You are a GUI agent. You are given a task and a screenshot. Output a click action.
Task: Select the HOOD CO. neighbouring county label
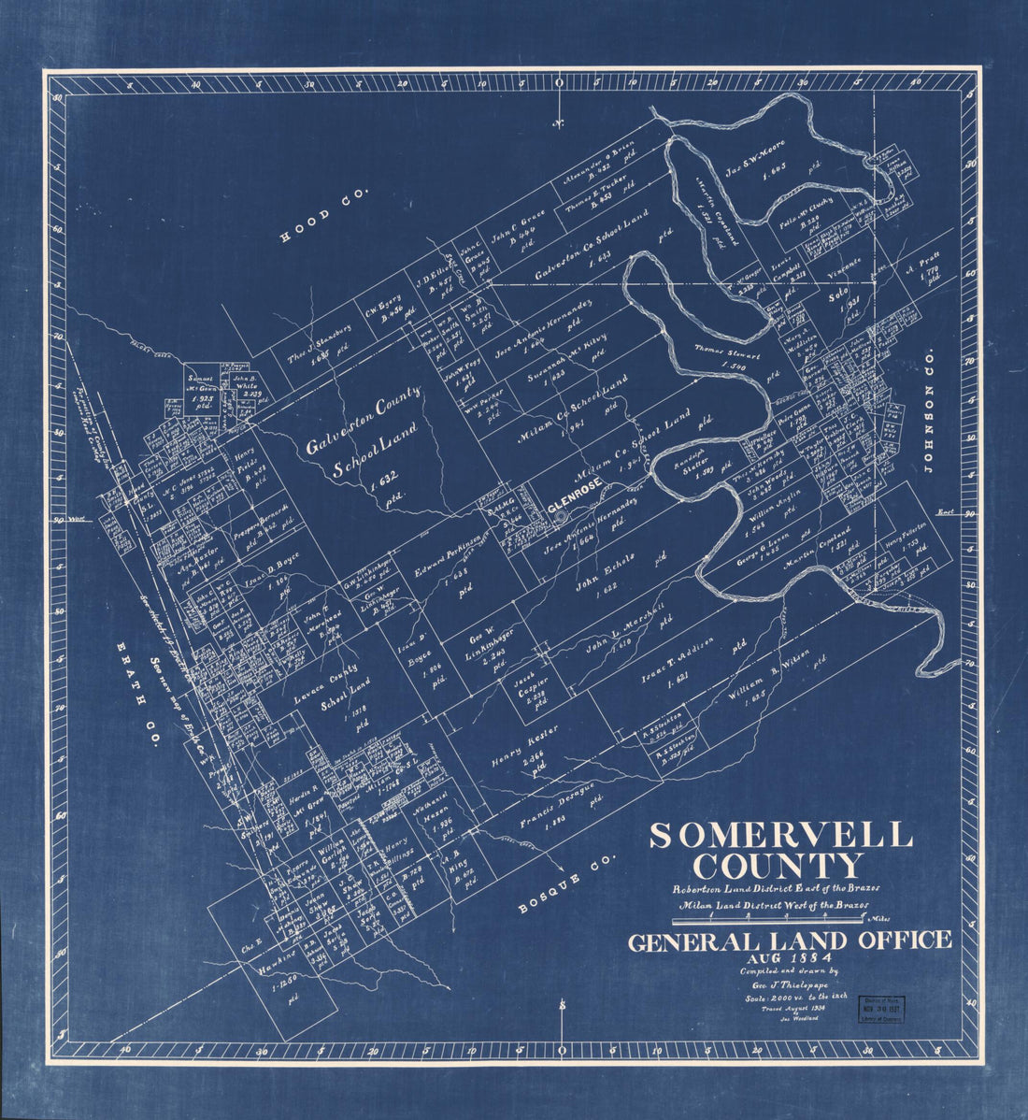[x=324, y=215]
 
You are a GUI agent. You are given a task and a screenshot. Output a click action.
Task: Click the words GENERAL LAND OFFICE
[x=790, y=941]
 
